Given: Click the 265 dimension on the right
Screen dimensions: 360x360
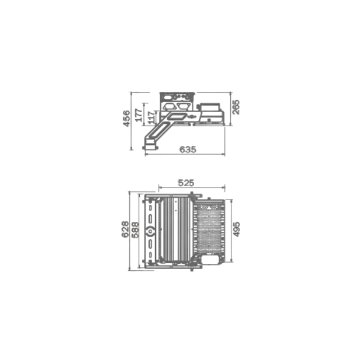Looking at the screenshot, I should (x=236, y=107).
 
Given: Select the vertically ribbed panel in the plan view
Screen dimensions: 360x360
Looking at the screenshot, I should (x=176, y=229).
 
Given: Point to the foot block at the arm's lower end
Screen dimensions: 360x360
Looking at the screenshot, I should (x=151, y=144).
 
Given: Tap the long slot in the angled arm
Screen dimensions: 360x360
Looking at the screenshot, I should (x=175, y=119).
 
